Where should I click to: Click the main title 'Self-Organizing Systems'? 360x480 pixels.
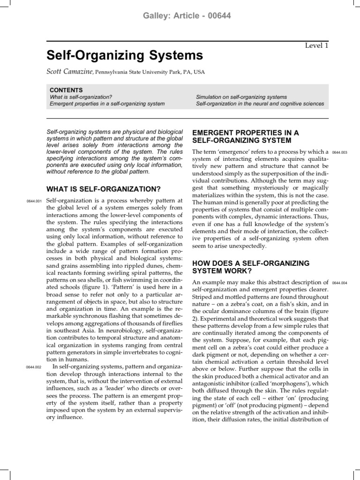[x=125, y=56]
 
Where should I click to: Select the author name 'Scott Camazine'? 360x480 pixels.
[x=70, y=72]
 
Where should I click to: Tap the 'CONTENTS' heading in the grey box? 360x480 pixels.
[x=66, y=90]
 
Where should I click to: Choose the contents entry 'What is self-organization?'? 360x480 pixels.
[x=81, y=97]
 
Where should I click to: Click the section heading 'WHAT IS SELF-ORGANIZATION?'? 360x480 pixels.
[x=104, y=189]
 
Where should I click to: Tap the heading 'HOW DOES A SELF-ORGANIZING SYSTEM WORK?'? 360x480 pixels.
[x=251, y=267]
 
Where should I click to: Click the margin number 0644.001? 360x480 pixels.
[x=35, y=202]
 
